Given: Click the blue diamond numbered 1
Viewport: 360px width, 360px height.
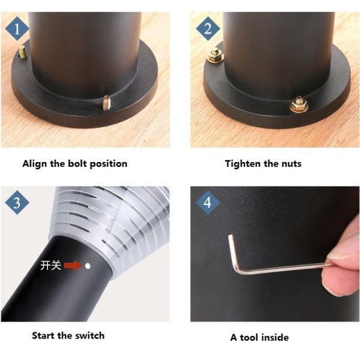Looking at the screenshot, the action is (17, 29).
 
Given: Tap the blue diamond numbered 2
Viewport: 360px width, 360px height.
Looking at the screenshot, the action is (208, 29).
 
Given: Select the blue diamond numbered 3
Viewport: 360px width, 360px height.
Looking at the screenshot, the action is (17, 203).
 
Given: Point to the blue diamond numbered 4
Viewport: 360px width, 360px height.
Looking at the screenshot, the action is (208, 203).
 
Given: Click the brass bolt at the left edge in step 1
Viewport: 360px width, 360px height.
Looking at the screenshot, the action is (22, 52).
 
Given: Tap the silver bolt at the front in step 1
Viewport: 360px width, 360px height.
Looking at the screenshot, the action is (106, 103).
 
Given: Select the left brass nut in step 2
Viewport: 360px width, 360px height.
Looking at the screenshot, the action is (215, 56).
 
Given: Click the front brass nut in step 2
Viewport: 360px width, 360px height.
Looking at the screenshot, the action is (298, 104).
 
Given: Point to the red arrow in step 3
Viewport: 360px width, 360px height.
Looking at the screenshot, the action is (73, 266).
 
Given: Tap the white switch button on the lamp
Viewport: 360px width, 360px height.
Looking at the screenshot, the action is (88, 266).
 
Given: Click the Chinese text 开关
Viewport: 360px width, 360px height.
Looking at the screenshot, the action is (51, 265).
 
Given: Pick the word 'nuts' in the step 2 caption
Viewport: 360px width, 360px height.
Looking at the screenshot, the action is (292, 164).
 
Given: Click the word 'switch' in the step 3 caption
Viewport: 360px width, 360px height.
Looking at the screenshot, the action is (90, 335).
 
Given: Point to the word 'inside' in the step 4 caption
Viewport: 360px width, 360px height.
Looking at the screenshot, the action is (275, 337).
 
